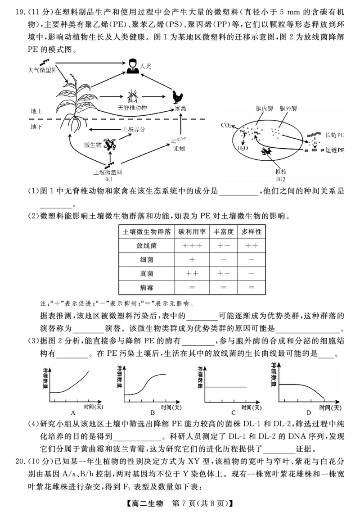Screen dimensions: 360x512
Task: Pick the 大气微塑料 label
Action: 41,70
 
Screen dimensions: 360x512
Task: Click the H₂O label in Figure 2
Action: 242,148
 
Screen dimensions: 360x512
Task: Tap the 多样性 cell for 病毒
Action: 252,286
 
